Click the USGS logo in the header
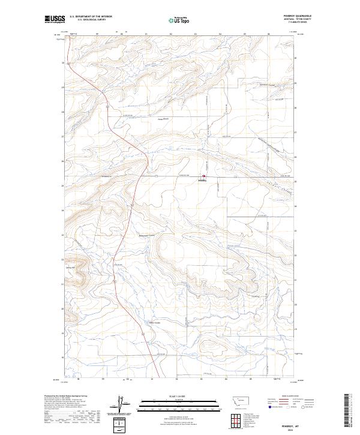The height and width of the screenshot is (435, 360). [55, 19]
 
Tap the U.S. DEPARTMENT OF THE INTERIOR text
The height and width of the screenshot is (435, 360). [91, 17]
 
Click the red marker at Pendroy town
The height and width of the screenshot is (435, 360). [203, 176]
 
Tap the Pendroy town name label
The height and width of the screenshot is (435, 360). [202, 180]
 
